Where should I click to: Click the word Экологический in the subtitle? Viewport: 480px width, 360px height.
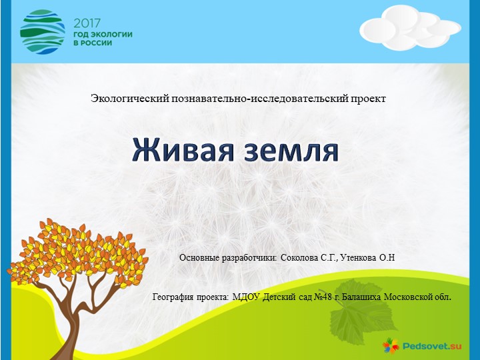point(131,99)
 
